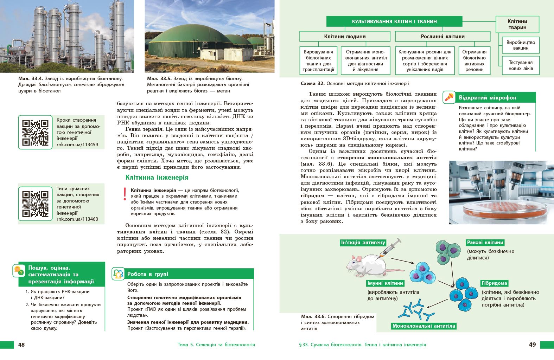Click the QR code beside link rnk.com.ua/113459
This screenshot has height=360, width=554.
pos(35,133)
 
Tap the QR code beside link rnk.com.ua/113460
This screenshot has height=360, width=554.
pos(35,204)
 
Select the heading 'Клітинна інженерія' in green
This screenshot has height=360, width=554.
pos(157,178)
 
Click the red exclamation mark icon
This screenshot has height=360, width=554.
pos(125,194)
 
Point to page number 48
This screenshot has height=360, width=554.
pos(21,345)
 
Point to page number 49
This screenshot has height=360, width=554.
pos(532,345)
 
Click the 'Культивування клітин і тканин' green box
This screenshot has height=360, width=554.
pos(394,21)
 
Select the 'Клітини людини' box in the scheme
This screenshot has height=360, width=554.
pos(345,37)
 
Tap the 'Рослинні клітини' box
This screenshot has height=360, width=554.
pos(442,37)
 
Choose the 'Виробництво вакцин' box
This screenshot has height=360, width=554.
pos(521,45)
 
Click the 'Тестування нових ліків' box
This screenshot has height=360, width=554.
pos(521,65)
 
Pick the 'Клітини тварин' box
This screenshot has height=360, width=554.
pos(517,24)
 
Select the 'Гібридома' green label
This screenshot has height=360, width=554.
pos(494,283)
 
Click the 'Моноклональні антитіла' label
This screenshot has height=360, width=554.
pos(424,326)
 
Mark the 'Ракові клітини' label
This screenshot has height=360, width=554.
pos(485,242)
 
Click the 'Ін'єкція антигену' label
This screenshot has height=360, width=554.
pos(363,243)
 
